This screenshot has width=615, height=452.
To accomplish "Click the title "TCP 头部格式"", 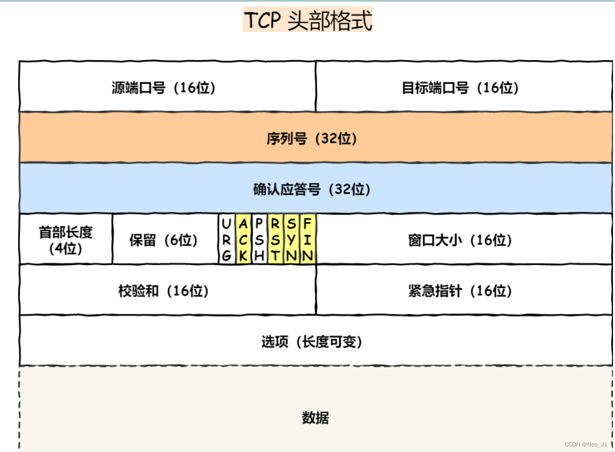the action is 307,21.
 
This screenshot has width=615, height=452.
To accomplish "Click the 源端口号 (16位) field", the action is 163,88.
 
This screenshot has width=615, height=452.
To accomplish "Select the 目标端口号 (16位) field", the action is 460,88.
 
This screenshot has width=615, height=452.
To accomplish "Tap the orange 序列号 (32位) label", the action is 312,139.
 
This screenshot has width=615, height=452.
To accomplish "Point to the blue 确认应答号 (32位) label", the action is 312,190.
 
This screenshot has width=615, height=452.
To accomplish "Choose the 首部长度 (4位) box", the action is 66,240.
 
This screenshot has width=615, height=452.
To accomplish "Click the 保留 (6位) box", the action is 163,240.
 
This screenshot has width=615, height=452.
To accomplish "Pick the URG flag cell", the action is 227,240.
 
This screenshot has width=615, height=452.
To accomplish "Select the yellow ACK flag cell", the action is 243,240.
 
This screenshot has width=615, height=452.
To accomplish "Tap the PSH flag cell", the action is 259,240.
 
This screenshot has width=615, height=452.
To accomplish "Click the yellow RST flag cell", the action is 275,240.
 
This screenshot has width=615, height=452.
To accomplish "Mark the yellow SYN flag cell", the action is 292,240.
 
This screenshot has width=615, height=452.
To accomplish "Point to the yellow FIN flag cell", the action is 308,240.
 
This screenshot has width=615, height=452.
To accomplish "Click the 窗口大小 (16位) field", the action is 460,240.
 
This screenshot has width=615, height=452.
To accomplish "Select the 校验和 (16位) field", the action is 163,291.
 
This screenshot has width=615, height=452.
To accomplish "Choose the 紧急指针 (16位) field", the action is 460,291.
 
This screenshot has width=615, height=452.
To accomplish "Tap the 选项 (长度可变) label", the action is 312,342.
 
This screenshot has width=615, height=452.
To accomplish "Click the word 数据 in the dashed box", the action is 315,418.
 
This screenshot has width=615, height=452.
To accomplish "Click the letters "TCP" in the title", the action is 263,21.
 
